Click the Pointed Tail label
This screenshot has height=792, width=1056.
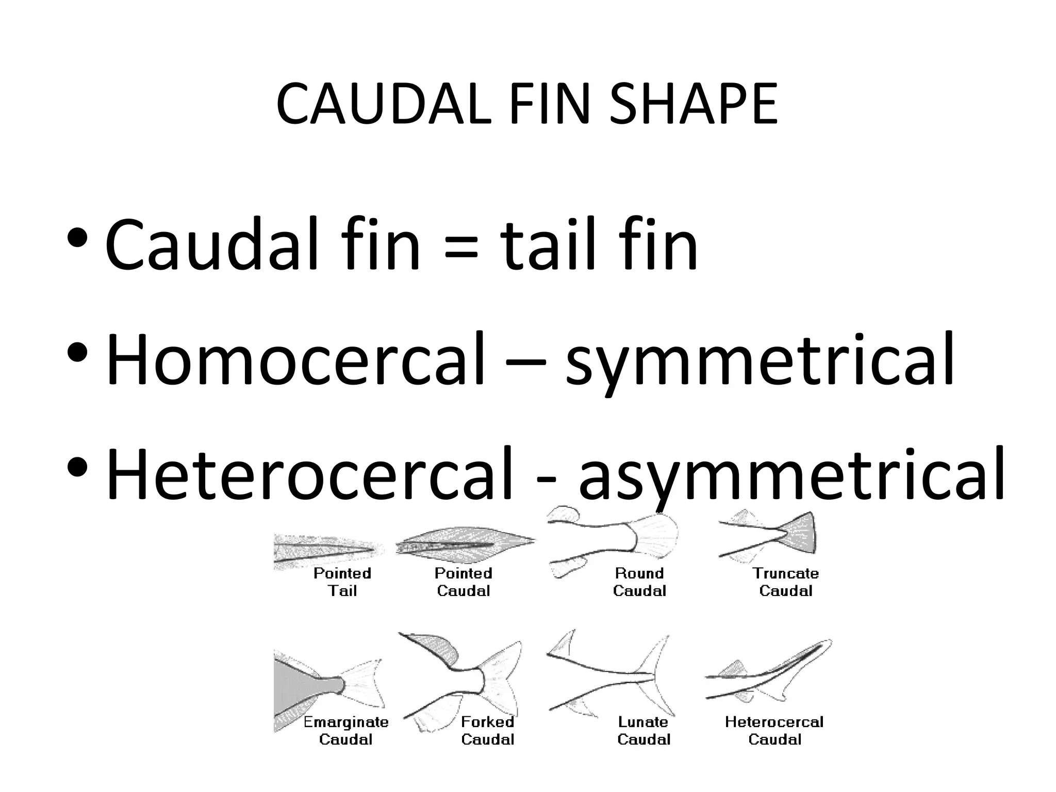point(342,582)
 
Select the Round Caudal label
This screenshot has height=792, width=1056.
point(639,582)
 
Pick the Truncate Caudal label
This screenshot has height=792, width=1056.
point(785,582)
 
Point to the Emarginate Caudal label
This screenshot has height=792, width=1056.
point(345,730)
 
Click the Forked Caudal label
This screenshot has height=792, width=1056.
point(488,730)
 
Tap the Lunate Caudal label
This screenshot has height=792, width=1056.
point(643,730)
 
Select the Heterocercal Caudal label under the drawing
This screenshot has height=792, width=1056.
point(774,730)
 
